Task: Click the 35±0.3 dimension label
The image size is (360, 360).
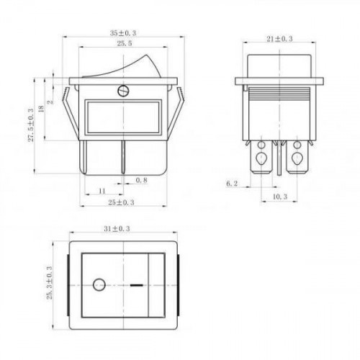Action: tap(123, 33)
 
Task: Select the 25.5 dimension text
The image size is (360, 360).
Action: tap(124, 43)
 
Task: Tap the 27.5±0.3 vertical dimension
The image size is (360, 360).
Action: tap(31, 125)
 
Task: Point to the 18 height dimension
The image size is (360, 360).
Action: tap(41, 109)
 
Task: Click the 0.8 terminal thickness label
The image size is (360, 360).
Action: tap(141, 180)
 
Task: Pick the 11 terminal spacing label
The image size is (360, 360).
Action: tap(102, 191)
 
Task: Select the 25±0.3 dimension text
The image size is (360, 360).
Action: tap(121, 202)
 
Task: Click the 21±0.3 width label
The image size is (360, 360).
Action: tap(279, 39)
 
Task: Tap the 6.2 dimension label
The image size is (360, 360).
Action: tap(232, 184)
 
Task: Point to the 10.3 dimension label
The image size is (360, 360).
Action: tap(280, 197)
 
